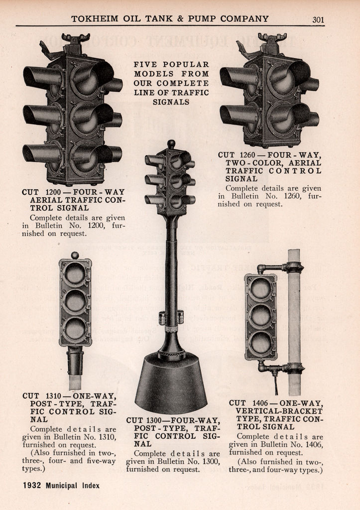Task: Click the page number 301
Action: tap(318, 19)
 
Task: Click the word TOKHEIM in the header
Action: tap(95, 19)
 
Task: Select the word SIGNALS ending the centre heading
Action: tap(171, 102)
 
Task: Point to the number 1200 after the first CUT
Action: tap(53, 192)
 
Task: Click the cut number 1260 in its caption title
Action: tap(247, 155)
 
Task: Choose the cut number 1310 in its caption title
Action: tap(53, 396)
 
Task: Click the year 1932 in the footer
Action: tap(32, 486)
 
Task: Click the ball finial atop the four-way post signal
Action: tap(171, 144)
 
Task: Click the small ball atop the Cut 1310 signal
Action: tap(75, 255)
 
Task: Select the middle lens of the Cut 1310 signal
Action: tap(75, 301)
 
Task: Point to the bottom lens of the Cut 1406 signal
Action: tap(261, 343)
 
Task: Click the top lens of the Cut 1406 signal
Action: tap(261, 288)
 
